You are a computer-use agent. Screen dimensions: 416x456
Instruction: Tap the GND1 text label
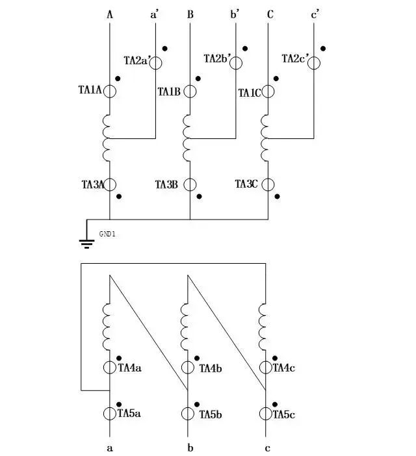point(107,234)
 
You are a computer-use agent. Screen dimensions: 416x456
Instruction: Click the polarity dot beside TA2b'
point(245,49)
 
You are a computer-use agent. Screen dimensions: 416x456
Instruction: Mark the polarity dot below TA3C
point(278,197)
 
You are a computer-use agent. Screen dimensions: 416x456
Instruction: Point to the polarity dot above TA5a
point(119,405)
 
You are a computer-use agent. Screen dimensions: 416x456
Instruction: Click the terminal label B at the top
point(190,14)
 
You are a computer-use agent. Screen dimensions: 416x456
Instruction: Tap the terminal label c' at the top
point(315,14)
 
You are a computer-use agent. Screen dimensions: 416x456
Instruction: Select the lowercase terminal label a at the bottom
point(110,448)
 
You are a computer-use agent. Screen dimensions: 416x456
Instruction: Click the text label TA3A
point(93,184)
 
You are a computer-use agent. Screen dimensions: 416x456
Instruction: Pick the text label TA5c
point(283,414)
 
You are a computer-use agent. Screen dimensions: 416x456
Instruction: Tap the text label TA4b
point(211,368)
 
